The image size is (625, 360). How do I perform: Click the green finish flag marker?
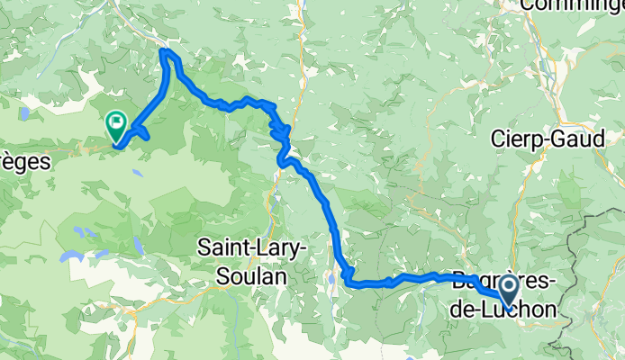click(x=116, y=121)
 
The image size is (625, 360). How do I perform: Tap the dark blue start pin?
click(x=508, y=290)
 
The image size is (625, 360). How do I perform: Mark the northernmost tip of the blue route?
click(x=165, y=51)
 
